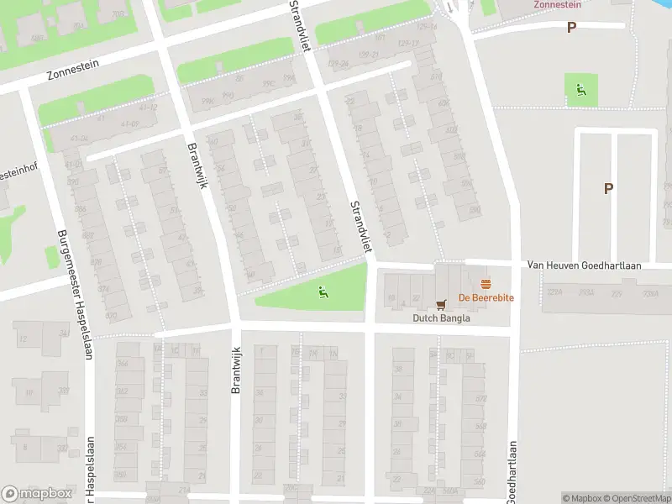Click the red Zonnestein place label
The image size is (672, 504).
(x=557, y=4)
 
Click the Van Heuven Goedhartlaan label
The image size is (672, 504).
(x=584, y=265)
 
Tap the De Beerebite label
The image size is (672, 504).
(x=486, y=298)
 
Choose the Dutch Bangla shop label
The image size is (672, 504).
(x=441, y=318)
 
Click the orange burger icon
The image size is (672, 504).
(x=485, y=284)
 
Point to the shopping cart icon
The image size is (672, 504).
(x=440, y=304)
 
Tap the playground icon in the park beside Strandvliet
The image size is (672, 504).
(x=323, y=291)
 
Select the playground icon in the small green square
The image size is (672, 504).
(x=580, y=90)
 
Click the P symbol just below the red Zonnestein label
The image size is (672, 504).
(x=571, y=28)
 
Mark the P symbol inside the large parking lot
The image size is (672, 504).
(x=608, y=189)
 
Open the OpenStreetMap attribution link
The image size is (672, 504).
(x=633, y=498)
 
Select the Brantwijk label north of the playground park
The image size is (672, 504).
(x=197, y=165)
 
